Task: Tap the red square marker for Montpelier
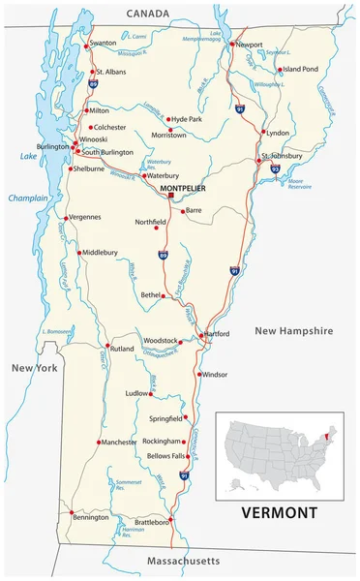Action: [x=171, y=196]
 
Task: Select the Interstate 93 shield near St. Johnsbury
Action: [x=275, y=168]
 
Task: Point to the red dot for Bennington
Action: [x=71, y=513]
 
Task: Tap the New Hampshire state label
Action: [x=293, y=330]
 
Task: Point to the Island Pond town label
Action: [x=301, y=70]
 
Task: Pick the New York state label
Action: [x=35, y=369]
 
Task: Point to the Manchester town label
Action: [x=120, y=442]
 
